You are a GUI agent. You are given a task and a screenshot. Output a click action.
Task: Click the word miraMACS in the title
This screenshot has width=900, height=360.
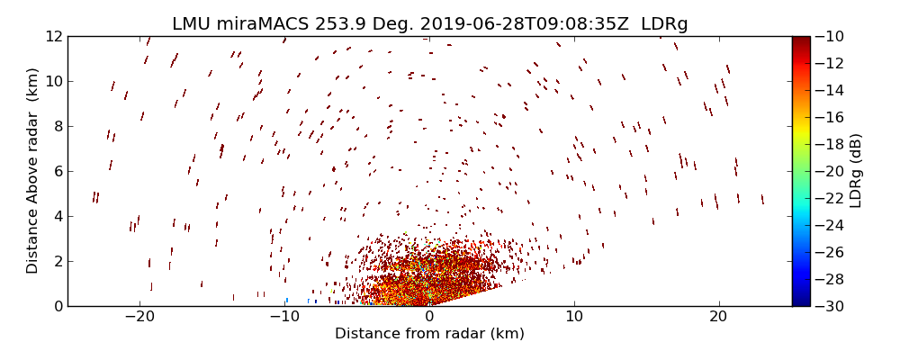[x=262, y=24]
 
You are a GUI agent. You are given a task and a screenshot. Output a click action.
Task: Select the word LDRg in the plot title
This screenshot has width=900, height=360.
[x=664, y=24]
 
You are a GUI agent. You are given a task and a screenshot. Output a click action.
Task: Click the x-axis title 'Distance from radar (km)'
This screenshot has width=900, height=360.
[x=429, y=334]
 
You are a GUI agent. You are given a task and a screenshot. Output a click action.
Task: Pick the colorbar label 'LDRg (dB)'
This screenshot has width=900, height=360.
[x=856, y=171]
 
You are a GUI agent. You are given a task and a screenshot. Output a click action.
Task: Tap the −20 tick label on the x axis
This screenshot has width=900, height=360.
[x=139, y=318]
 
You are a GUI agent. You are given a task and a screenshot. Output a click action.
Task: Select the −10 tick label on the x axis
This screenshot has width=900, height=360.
[x=284, y=318]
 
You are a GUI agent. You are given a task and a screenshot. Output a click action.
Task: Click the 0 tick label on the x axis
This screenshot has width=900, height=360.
[x=429, y=318]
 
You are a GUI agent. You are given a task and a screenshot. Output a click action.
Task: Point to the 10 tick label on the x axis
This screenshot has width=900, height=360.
[x=573, y=318]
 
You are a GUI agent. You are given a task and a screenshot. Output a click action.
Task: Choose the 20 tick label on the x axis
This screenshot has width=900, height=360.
[x=718, y=318]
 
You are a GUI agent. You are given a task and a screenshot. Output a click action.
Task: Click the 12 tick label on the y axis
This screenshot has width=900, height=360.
[x=53, y=36]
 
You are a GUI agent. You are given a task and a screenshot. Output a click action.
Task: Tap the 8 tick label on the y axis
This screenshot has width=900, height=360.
[x=57, y=126]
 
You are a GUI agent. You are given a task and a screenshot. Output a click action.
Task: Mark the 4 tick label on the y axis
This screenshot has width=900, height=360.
[x=57, y=216]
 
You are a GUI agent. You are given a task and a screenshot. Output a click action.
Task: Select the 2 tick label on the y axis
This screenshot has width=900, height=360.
[x=57, y=261]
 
